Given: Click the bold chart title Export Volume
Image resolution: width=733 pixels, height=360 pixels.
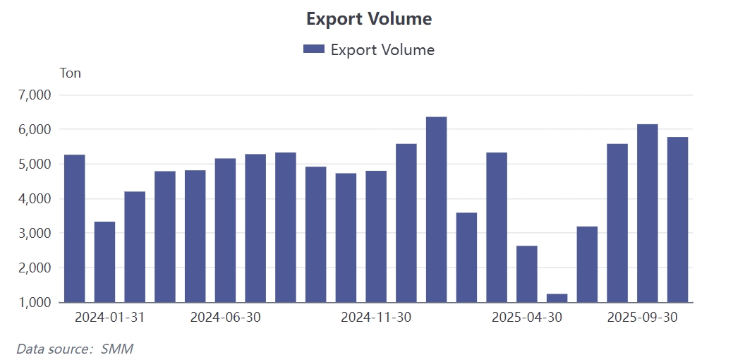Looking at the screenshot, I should coord(368,19).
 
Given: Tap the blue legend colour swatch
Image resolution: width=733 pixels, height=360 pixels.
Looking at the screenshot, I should coord(313,49).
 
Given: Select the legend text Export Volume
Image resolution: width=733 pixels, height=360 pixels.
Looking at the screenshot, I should coord(382,49).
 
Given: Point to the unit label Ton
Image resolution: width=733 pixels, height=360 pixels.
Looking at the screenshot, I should coord(71,73).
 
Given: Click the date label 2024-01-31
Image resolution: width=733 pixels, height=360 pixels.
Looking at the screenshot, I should coord(109,318).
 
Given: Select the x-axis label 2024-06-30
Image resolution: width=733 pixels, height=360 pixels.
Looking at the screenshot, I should coord(226,318).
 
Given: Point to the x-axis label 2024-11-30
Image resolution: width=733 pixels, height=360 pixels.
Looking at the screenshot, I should coord(376,318).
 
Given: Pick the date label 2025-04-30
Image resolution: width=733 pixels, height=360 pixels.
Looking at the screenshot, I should coord(527,318).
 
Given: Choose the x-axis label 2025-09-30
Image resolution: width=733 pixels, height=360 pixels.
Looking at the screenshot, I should coord(642,318).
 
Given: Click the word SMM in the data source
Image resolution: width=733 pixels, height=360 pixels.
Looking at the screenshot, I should coord(117,349).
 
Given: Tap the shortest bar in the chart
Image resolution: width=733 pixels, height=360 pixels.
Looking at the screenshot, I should coord(557,298).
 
